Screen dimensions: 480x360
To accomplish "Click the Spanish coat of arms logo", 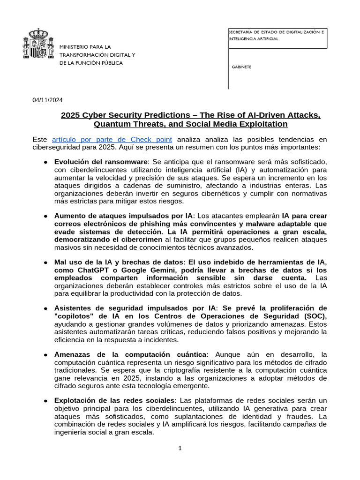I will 35,45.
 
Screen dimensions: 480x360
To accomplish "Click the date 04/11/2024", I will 47,100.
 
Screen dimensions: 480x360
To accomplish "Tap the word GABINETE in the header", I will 242,67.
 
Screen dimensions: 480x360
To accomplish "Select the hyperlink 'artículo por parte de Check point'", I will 112,139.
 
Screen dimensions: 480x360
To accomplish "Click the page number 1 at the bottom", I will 180,448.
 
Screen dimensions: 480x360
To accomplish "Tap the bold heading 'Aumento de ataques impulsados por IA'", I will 123,216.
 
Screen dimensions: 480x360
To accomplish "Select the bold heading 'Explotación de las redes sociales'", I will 114,400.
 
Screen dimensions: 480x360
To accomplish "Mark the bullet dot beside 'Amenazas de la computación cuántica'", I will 45,355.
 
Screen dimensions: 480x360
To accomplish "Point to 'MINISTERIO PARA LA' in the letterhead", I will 85,47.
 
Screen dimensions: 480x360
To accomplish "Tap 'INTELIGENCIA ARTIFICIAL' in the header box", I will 253,39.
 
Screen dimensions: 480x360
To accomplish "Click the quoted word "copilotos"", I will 75,316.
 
